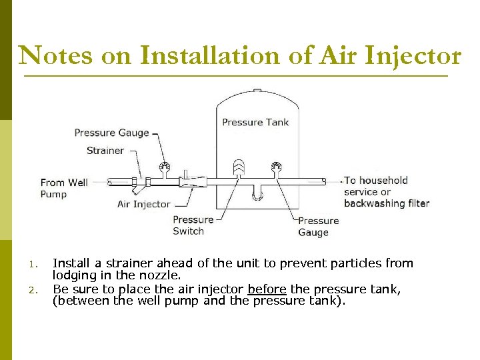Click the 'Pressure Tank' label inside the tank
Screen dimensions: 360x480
pos(255,122)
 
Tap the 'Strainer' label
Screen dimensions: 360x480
pos(105,151)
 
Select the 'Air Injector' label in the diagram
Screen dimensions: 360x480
pos(143,204)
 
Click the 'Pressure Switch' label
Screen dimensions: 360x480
pos(193,225)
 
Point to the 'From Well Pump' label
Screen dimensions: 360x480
pos(63,188)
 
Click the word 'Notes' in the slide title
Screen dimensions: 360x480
pos(56,55)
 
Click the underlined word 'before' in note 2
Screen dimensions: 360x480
pos(267,289)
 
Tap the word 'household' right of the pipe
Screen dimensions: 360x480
pos(385,180)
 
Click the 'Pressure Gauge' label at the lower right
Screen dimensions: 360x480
pos(318,227)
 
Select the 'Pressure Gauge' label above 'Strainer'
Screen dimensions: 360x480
pos(111,133)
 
